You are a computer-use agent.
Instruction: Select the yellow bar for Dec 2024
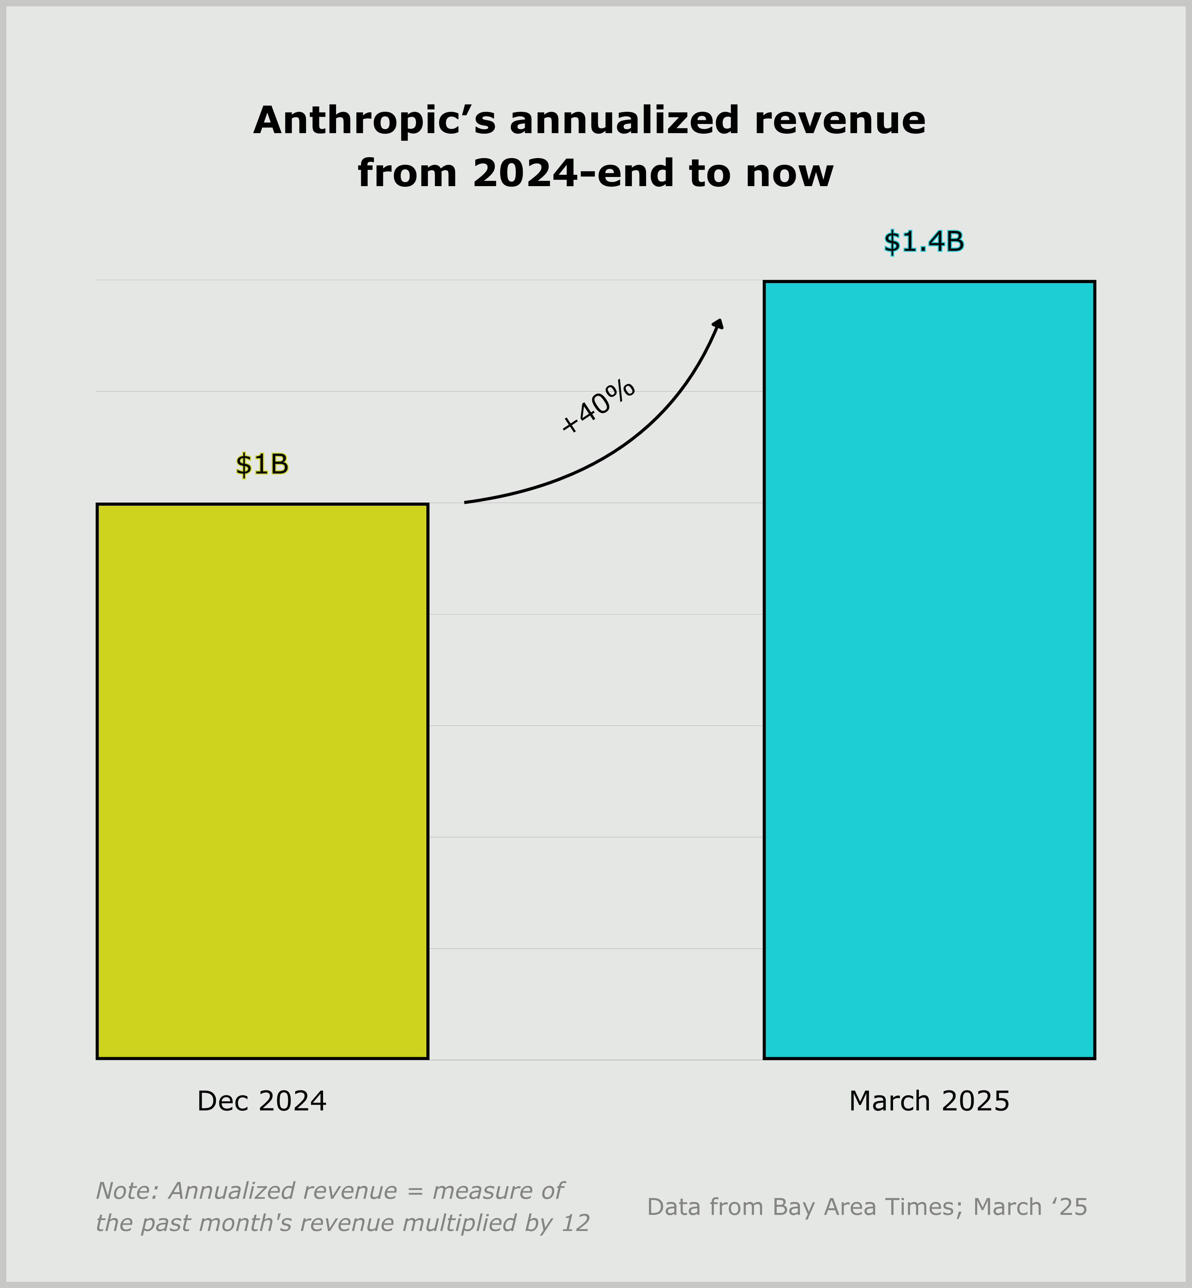pos(262,781)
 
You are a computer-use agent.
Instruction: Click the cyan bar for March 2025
pos(929,670)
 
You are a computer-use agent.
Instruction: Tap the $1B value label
pos(262,464)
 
